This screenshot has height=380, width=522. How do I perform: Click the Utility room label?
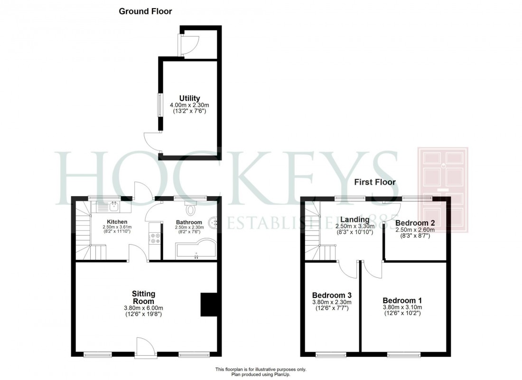189,98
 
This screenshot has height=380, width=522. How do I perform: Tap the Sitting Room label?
143,297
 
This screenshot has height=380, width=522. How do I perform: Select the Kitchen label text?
116,222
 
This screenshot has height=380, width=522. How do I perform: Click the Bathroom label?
189,222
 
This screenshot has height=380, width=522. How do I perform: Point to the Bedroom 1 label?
402,301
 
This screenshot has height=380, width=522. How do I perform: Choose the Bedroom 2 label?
415,223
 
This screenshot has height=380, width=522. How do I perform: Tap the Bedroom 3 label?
331,295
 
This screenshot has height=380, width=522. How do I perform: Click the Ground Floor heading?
145,11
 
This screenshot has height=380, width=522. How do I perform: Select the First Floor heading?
374,182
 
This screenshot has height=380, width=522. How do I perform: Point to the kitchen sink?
113,207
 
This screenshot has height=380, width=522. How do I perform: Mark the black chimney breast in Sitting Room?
208,304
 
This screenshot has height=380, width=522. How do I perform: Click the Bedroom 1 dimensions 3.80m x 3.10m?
402,307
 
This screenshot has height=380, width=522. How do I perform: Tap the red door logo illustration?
442,190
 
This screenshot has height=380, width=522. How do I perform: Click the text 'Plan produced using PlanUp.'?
261,375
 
